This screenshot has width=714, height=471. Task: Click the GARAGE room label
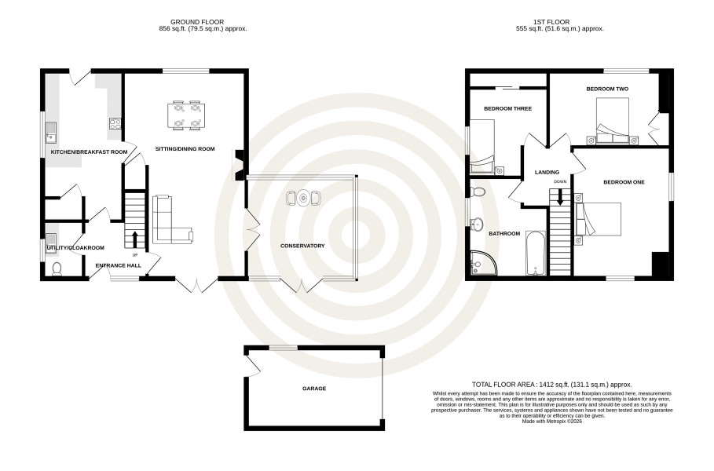[x=314, y=389]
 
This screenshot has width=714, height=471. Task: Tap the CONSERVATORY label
[x=302, y=246]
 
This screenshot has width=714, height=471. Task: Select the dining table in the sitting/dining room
[x=187, y=115]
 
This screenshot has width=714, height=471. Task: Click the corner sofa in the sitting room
[x=172, y=219]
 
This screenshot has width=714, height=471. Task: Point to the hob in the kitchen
[x=115, y=124]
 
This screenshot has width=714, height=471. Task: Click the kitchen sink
[x=50, y=132]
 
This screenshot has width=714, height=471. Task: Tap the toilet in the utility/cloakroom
[x=57, y=269]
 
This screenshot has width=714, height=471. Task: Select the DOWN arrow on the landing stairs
[x=559, y=198]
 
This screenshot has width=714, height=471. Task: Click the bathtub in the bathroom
[x=536, y=253]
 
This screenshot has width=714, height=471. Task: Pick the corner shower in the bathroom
[x=482, y=263]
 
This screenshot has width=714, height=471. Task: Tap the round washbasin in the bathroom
[x=476, y=224]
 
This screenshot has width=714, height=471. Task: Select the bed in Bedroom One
[x=599, y=219]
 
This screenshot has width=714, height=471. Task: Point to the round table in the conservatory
[x=303, y=198]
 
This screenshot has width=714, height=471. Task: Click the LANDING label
[x=547, y=173]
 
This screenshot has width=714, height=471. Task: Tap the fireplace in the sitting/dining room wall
[x=239, y=165]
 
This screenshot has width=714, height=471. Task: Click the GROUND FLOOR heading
[x=197, y=22]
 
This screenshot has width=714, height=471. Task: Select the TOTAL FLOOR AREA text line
[x=552, y=385]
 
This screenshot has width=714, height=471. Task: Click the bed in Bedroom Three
[x=482, y=147]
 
